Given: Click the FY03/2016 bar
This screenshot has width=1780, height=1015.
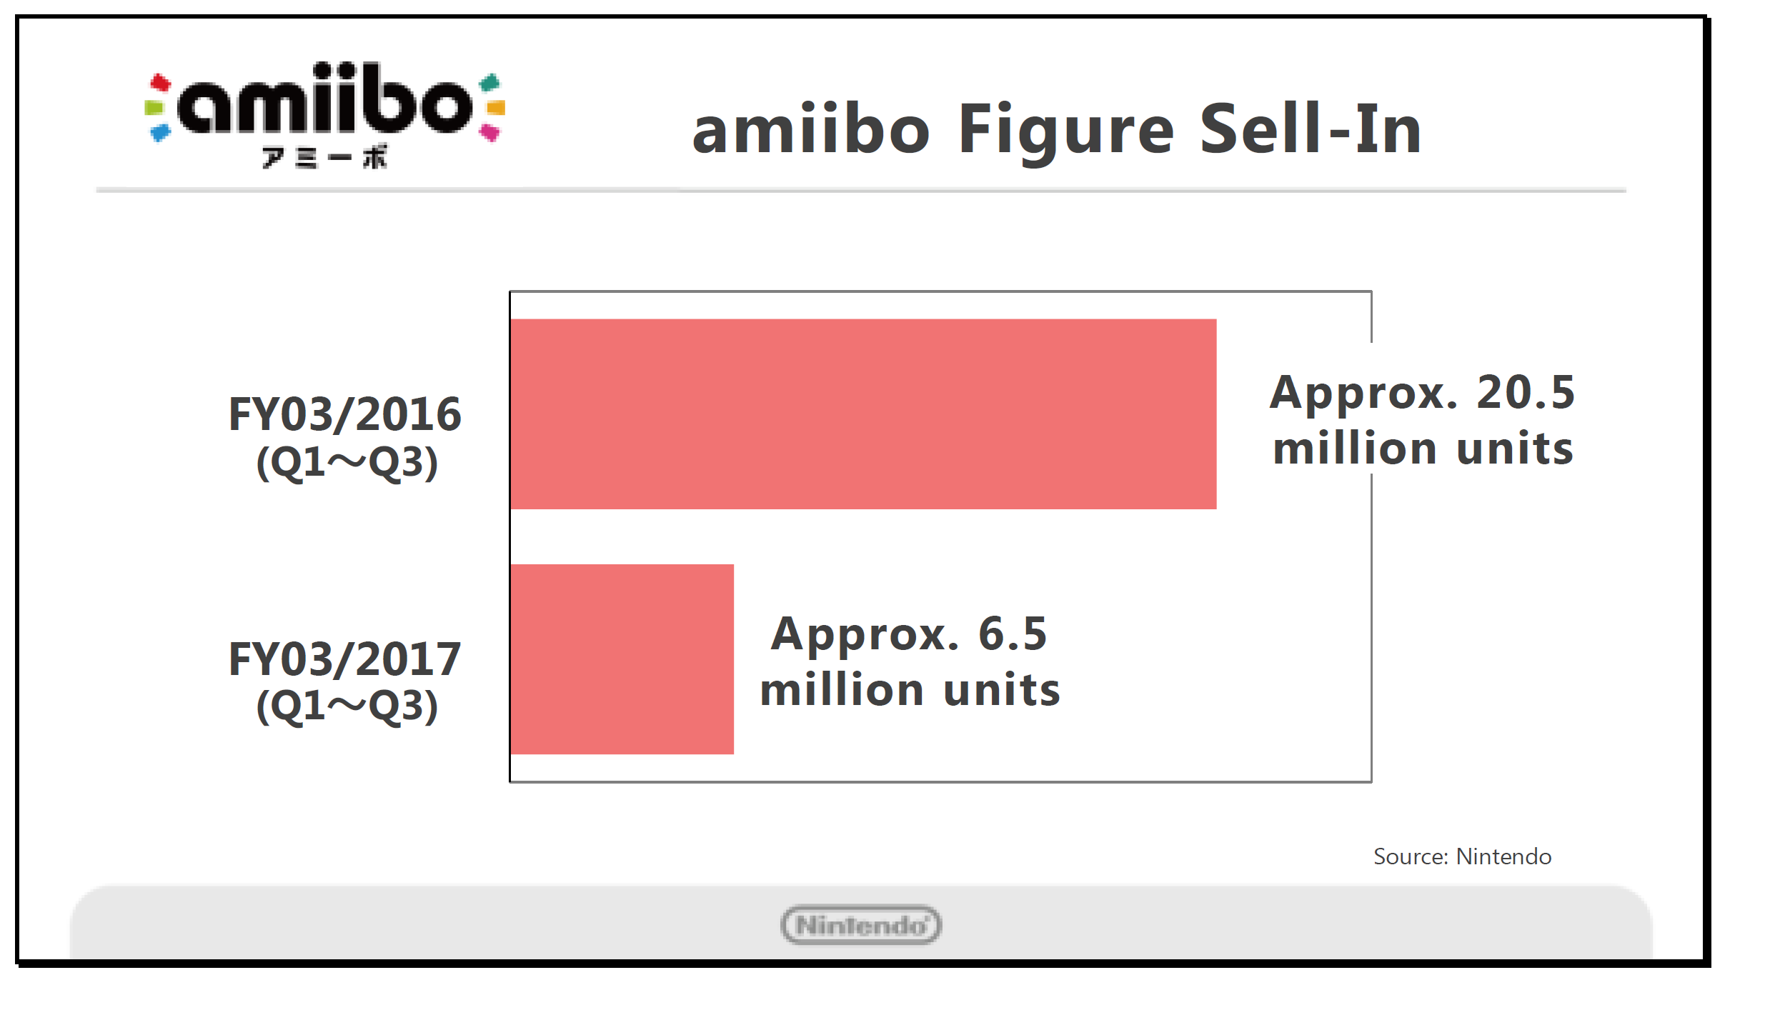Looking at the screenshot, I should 863,414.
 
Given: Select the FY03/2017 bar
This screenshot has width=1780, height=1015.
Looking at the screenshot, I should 622,659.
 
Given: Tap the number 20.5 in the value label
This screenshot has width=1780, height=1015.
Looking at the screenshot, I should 1525,392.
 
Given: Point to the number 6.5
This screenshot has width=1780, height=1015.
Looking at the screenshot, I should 1012,634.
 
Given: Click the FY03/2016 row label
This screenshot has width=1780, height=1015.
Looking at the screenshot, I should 344,414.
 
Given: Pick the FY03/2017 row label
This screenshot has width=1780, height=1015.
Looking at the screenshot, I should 344,659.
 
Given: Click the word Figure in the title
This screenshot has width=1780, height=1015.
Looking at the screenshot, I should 1065,130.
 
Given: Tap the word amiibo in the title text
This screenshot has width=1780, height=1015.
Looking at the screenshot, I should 811,130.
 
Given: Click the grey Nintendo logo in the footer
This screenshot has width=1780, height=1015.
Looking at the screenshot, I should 861,925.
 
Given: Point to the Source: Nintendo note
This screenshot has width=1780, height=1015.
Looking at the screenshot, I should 1462,856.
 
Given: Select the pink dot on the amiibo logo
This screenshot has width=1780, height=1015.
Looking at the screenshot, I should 490,132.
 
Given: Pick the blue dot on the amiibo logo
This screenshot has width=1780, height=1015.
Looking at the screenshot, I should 160,133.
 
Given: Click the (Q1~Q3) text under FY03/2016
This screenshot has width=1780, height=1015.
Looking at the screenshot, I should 347,463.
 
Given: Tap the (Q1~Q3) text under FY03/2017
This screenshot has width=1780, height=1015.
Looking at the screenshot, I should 347,706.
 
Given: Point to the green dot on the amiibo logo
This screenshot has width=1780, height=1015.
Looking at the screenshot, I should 153,109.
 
